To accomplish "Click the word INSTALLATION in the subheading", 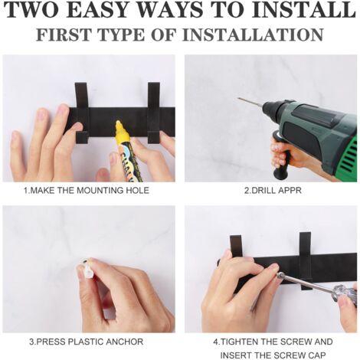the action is click(x=253, y=34).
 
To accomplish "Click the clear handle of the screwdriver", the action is click(x=343, y=294).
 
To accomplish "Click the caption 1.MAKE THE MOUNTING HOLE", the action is click(x=87, y=191).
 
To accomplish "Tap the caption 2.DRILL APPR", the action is click(x=273, y=191).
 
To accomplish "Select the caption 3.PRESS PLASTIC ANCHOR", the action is click(x=87, y=342).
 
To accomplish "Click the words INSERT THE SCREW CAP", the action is click(x=273, y=355).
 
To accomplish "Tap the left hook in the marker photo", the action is click(x=82, y=113).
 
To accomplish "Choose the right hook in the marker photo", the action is click(x=154, y=113).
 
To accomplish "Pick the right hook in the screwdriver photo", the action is click(x=306, y=260).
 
